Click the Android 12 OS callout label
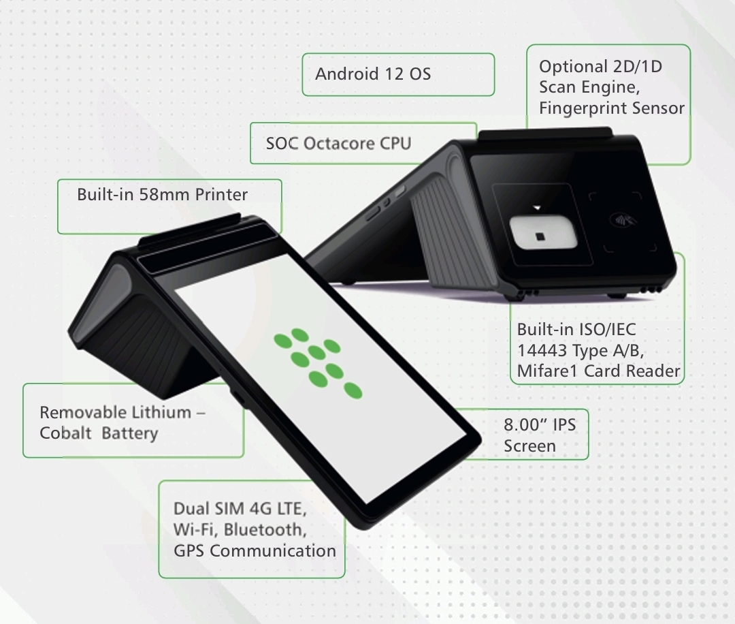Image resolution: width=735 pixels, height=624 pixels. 373,74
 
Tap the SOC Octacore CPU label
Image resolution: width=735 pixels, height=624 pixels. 338,143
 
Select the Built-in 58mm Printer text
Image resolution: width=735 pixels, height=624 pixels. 162,194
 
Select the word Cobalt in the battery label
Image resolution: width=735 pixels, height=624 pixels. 65,433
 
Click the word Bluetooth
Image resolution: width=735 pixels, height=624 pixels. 265,529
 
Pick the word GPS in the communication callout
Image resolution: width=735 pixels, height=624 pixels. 189,550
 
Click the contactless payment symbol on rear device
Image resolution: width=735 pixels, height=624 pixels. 622,219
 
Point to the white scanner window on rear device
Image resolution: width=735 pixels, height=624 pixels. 543,233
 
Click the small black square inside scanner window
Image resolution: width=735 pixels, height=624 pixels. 540,236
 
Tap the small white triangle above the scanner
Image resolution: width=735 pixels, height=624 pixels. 537,207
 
